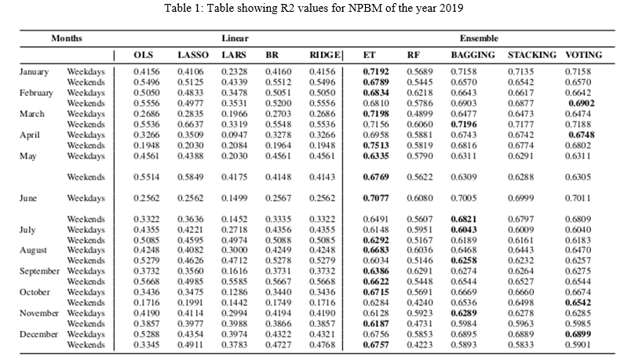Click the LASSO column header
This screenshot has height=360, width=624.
point(192,55)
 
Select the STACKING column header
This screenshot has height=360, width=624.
point(531,55)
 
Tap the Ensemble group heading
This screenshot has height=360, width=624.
point(479,38)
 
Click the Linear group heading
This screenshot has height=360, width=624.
point(235,38)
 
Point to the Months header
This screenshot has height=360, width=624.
point(67,38)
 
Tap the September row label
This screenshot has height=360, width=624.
point(39,271)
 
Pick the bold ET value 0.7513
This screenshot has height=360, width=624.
point(376,145)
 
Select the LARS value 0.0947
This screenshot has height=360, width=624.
point(235,135)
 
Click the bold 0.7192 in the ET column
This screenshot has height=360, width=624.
point(376,71)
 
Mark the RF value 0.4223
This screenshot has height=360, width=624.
point(419,345)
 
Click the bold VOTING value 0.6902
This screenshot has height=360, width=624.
point(582,103)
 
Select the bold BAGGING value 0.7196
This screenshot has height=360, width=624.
point(464,124)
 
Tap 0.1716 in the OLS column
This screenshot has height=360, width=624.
point(147,303)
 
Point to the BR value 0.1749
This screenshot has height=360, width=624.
point(278,303)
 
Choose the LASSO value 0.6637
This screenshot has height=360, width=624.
point(190,124)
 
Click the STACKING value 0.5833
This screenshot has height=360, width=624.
point(520,345)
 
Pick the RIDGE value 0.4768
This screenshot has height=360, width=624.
point(323,345)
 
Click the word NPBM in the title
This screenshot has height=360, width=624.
point(361,8)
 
